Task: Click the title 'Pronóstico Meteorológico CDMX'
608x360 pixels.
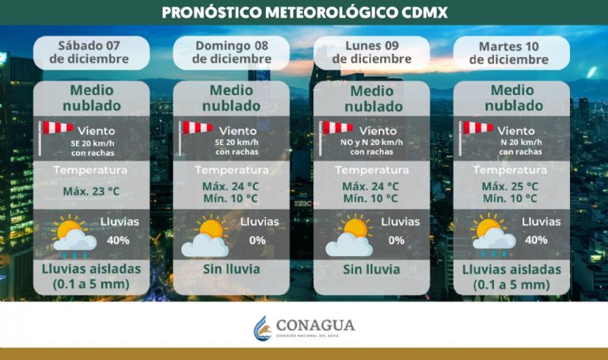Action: [304, 13]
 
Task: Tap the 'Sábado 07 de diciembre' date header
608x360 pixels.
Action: [91, 51]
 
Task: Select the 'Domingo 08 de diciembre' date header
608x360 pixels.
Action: [231, 51]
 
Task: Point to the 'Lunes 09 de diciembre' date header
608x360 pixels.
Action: [371, 51]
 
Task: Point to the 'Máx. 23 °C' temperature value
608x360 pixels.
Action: [91, 191]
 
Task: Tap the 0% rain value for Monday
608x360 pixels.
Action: [396, 240]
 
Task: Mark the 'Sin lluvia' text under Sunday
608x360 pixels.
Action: [231, 269]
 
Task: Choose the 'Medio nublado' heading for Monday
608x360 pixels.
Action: [371, 99]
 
